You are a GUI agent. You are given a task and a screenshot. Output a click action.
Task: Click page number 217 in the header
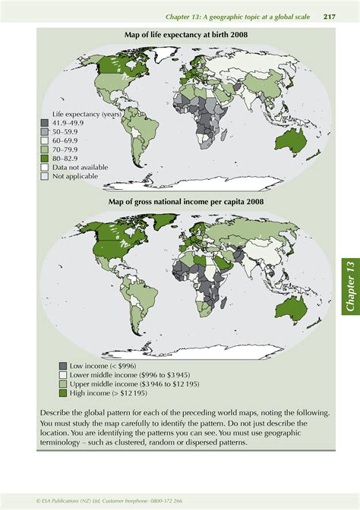330,17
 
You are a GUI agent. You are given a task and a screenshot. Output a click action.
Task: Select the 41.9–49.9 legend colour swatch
45,123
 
